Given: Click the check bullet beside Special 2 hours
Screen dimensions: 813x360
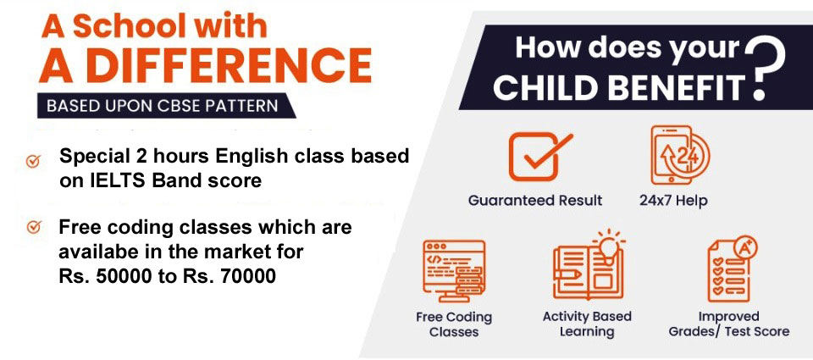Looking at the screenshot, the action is pos(33,161).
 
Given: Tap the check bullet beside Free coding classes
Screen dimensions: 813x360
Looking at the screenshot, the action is pos(34,227).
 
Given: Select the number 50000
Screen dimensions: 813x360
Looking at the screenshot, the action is pos(118,277).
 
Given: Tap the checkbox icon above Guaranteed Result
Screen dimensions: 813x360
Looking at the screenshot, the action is pos(540,156).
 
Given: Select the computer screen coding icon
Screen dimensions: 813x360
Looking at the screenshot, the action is pos(454,270).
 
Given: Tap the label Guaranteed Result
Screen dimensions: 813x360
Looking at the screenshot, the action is pos(535,200).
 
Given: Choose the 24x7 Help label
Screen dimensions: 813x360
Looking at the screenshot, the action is pos(673,200).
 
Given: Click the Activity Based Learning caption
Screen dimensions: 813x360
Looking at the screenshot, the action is pos(587,324).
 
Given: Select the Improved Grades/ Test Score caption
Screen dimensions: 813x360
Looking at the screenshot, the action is pos(728,324).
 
